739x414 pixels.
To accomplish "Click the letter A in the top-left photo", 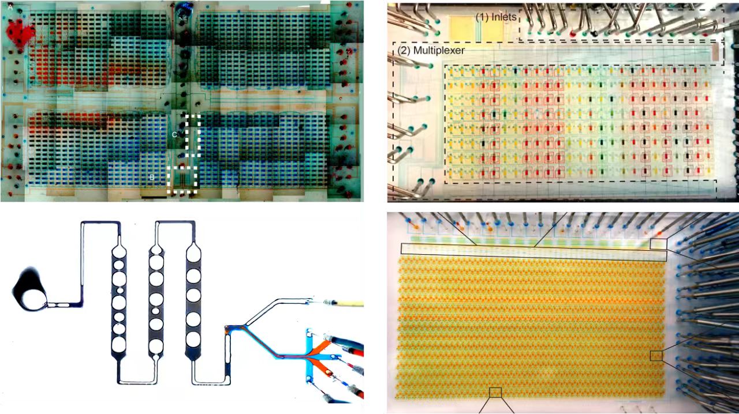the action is (x=10, y=7).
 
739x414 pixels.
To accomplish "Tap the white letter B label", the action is (x=152, y=178).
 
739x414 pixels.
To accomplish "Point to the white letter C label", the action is (x=174, y=134).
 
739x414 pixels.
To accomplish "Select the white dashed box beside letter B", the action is (x=167, y=180).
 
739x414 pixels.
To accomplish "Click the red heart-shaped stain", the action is (x=20, y=33).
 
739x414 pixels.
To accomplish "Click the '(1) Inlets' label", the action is (x=496, y=17).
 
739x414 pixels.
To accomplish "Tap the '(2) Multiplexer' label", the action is (x=431, y=50).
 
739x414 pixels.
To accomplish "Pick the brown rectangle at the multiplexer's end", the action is (x=715, y=53).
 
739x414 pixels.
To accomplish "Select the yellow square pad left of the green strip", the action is (x=462, y=29).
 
